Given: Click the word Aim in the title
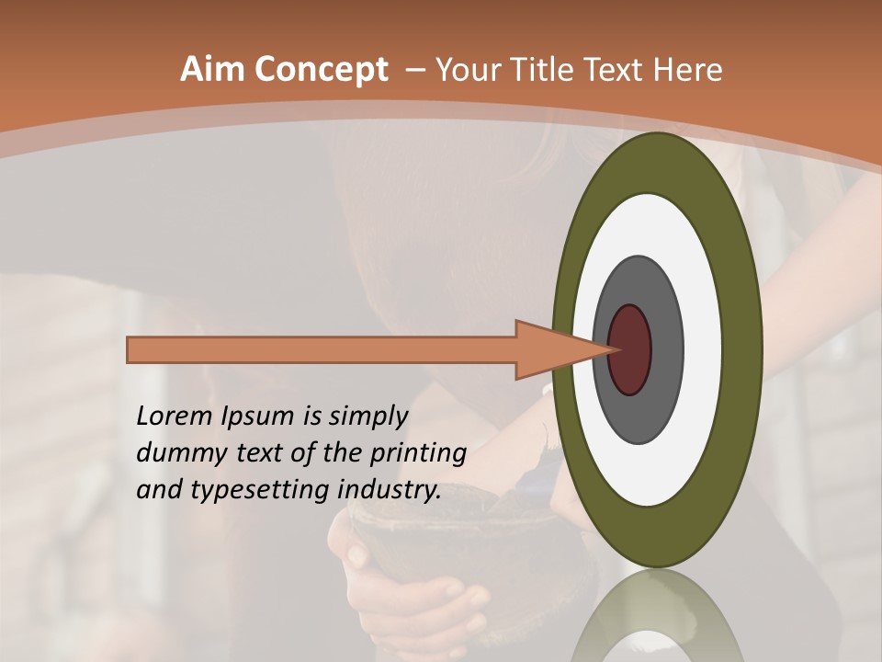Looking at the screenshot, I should (213, 70).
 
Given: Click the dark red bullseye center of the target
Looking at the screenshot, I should (630, 349).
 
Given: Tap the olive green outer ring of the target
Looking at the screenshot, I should (657, 165).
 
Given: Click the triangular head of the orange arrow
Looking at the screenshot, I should (551, 349).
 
